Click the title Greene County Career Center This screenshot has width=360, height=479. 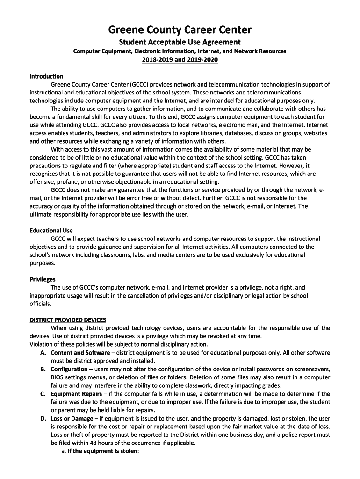pos(180,30)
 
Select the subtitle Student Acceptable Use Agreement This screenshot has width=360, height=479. pos(180,42)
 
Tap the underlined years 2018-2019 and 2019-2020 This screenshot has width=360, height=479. pos(180,60)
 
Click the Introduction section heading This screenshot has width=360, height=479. pos(46,76)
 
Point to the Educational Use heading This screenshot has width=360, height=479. pos(51,231)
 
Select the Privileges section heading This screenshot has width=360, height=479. pos(43,279)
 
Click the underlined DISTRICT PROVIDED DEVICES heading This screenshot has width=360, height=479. pos(68,320)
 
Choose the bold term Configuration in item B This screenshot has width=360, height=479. pos(69,369)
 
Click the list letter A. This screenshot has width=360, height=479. pos(43,353)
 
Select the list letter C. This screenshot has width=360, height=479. pos(43,394)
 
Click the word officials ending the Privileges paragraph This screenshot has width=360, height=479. pos(40,304)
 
